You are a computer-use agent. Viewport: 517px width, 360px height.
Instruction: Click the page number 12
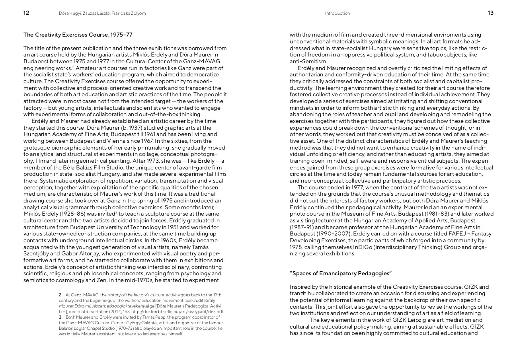[x=26, y=13]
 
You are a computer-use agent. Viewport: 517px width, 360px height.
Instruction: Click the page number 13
[x=490, y=13]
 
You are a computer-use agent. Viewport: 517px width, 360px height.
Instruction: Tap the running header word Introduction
[x=338, y=14]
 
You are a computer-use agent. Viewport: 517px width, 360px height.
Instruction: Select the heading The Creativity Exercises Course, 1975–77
[x=78, y=35]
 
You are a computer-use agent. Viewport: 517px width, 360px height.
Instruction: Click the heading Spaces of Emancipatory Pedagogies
[x=341, y=273]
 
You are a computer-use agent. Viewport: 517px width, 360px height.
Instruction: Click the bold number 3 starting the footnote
[x=60, y=317]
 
